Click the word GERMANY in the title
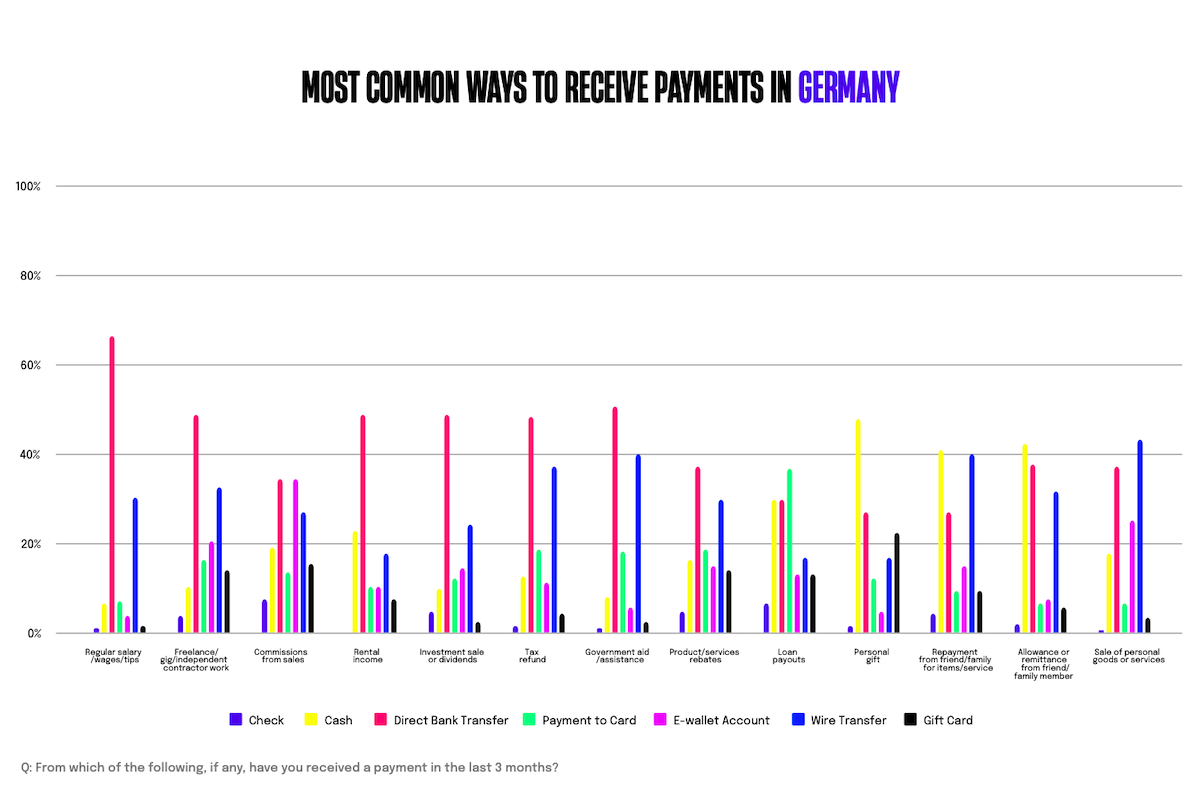click(848, 88)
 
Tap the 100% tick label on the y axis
click(28, 187)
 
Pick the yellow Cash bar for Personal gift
click(858, 526)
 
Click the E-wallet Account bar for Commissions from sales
click(296, 556)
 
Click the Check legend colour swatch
click(236, 719)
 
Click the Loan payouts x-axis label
click(789, 656)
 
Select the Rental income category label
click(368, 656)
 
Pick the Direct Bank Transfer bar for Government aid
click(615, 520)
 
